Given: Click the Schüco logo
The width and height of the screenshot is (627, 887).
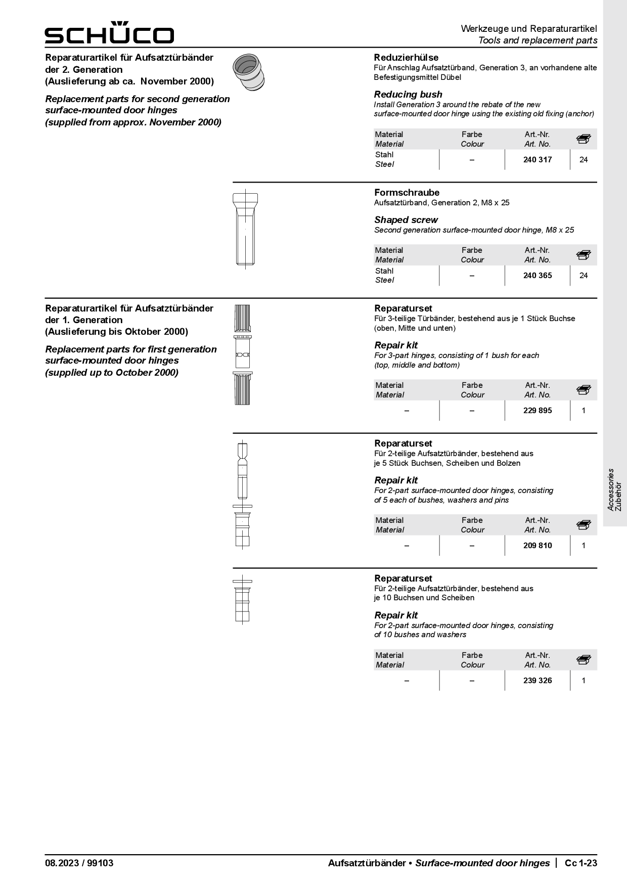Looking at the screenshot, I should coord(109,33).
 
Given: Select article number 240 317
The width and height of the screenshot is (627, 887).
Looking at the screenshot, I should coord(538,160).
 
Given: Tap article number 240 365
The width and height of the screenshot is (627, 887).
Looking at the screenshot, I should coord(538,276).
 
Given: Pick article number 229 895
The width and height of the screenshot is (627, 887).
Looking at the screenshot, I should coord(538,411).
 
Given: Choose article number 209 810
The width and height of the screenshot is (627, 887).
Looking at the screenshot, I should coord(538,546).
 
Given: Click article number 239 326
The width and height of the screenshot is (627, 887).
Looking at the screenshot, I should coord(538,681).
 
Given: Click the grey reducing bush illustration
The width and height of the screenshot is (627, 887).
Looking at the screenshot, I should coord(248,71).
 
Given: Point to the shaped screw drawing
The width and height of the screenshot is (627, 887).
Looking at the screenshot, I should coord(246,229).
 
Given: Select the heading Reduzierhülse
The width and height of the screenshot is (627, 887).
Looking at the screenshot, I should coord(406,58).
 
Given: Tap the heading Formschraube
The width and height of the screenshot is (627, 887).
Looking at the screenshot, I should coord(407,193).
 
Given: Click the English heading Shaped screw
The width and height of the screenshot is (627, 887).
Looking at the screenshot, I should coord(406,220).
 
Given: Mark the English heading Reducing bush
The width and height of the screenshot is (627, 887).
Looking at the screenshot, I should coord(408,95).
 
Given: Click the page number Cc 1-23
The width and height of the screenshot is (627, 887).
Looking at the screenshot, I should coord(581,863).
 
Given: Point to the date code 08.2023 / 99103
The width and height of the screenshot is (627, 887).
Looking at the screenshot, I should coord(79,863).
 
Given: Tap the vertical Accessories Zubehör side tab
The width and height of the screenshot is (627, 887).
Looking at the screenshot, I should coord(614,490).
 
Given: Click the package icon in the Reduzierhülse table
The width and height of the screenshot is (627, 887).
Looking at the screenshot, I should coord(584,139).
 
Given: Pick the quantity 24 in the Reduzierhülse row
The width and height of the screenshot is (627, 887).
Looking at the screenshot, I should coord(584,160).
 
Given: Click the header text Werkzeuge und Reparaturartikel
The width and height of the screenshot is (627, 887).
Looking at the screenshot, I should coord(528,29).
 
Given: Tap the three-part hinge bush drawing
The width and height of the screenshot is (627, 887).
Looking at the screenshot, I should coord(243,354).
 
